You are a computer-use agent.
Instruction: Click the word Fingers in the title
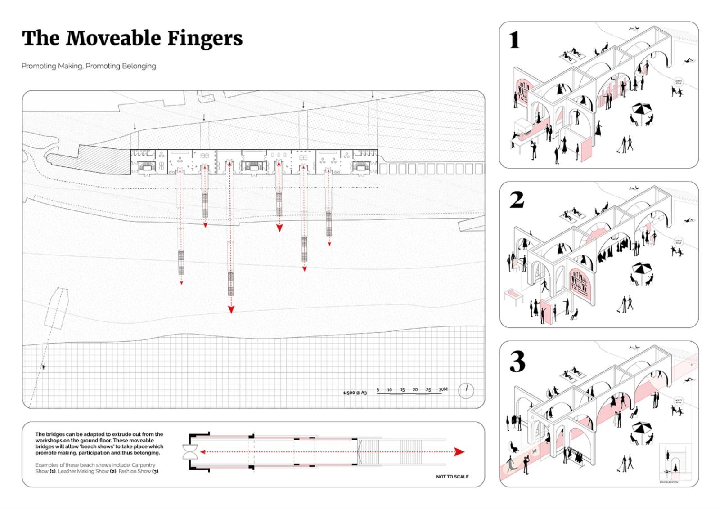click(x=205, y=38)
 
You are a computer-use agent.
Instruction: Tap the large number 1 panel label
click(x=515, y=40)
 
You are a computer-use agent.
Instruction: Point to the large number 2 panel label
click(x=517, y=200)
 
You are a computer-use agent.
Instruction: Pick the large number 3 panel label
click(x=517, y=362)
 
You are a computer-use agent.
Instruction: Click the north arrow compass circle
click(x=466, y=390)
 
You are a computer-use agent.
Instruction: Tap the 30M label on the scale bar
click(x=443, y=389)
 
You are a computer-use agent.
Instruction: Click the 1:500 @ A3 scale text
click(x=355, y=393)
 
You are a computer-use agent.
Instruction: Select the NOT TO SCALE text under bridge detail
click(x=452, y=477)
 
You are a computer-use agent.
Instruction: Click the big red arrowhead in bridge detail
click(x=459, y=452)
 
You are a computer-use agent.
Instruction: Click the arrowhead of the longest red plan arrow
click(x=231, y=309)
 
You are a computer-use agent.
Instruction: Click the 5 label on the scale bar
click(x=378, y=390)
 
